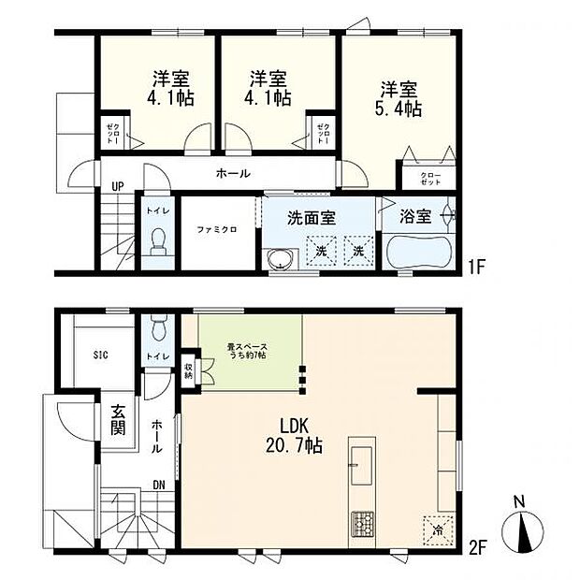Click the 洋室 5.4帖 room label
pos(399,99)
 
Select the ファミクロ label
pos(214,228)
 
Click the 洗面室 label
pos(312,219)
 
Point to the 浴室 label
pos(415,217)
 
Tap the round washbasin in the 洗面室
pos(277,261)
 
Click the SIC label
pos(101,355)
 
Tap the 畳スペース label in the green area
pos(247,352)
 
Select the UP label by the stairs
pos(118,185)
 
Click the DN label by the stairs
pos(161,484)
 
